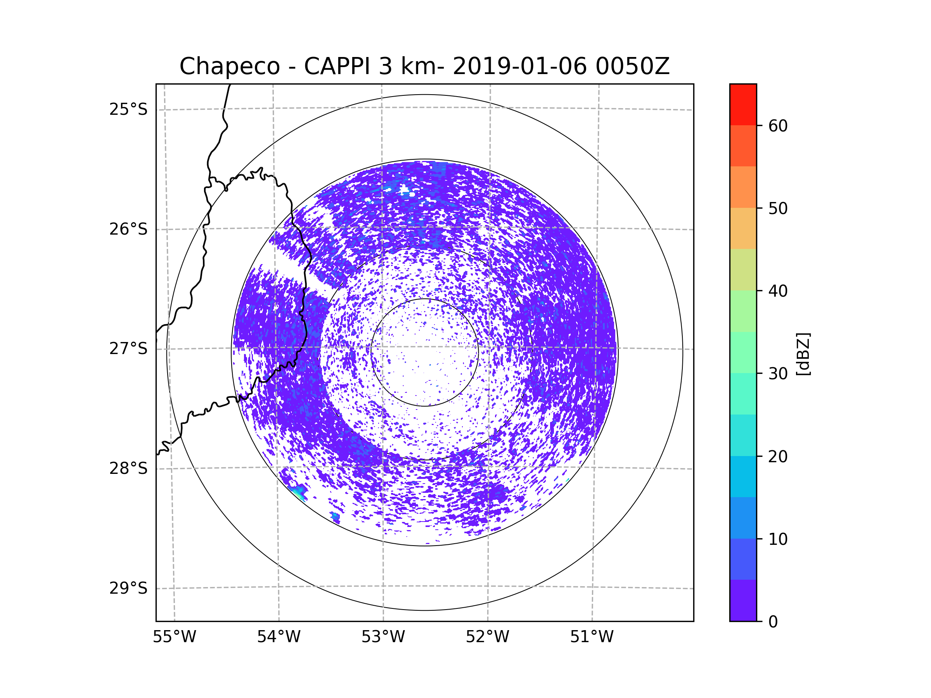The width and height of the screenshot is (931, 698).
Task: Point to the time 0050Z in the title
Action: tap(633, 66)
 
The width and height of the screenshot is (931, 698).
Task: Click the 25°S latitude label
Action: tap(128, 109)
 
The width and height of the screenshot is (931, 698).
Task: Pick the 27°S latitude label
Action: tap(128, 349)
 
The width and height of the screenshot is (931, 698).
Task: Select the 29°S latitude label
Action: tap(128, 588)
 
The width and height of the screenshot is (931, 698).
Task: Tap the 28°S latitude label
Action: tap(128, 468)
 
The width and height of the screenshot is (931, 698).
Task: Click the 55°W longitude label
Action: tap(174, 637)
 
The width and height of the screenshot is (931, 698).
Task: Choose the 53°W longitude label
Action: tap(383, 637)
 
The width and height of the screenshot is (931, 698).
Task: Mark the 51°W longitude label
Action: tap(592, 637)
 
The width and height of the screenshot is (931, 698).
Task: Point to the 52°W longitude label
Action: tap(487, 637)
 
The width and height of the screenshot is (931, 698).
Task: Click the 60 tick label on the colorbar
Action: tap(778, 126)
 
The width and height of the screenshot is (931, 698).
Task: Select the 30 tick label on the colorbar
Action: tap(778, 373)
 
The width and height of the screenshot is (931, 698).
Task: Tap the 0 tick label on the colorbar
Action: tap(773, 622)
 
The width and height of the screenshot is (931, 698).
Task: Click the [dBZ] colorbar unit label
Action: tap(803, 354)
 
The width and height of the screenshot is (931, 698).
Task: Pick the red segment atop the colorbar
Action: tap(743, 105)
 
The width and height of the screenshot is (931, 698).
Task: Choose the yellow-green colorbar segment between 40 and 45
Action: tap(743, 270)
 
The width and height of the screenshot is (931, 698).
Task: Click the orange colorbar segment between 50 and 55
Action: tap(743, 187)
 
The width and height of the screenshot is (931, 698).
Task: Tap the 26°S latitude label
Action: tap(128, 229)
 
